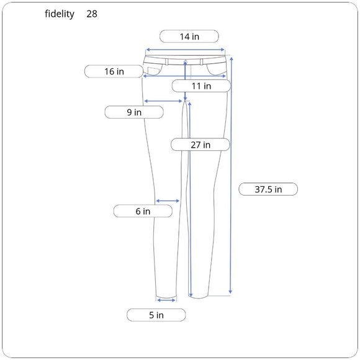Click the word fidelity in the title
[x=60, y=14]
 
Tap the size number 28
[x=92, y=14]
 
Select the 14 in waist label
[x=189, y=36]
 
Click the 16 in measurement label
[x=114, y=71]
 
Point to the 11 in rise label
[x=200, y=86]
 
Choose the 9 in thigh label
[x=133, y=112]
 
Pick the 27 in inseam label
[x=200, y=145]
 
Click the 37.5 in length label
[x=268, y=189]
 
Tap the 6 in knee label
[x=143, y=212]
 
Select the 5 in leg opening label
[x=156, y=315]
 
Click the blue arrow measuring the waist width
[x=185, y=50]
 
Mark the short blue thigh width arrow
[x=162, y=101]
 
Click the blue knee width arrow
[x=168, y=200]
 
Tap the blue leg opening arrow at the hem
[x=166, y=300]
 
